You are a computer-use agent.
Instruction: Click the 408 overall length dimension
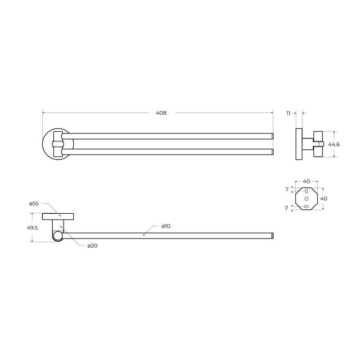pos(161,113)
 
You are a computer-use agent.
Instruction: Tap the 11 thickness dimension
pos(288,113)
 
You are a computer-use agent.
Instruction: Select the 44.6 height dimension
pos(333,144)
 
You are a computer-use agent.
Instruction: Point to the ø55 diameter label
pos(34,204)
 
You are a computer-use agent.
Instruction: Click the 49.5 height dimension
pos(32,228)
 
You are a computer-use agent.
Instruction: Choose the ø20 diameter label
pos(93,245)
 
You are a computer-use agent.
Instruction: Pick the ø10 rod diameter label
pos(166,226)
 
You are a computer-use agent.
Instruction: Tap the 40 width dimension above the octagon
pos(306,181)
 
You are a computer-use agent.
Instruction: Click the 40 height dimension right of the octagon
pos(324,198)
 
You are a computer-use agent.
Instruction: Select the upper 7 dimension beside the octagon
pos(287,189)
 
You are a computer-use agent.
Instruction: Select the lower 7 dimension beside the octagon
pos(287,208)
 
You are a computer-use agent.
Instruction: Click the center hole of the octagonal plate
pos(306,198)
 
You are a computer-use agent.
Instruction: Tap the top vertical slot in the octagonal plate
pos(306,191)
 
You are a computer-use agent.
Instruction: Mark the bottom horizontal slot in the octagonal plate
pos(306,206)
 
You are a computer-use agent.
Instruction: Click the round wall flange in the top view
pos(48,144)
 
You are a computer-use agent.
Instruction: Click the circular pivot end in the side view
pos(57,236)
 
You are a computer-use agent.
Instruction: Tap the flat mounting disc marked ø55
pos(58,216)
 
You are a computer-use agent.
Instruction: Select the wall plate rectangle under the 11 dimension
pos(299,144)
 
